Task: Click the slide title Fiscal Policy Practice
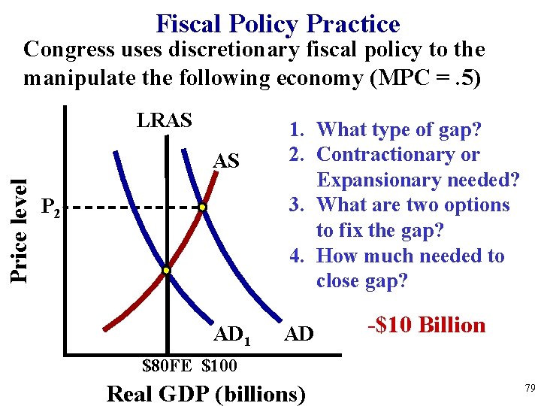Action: coord(277,24)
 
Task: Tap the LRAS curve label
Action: coord(165,120)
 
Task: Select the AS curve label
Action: coord(226,161)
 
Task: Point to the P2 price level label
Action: coord(51,208)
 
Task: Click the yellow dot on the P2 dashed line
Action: coord(202,207)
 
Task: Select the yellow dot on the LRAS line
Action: coord(167,270)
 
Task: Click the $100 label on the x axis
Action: coord(219,366)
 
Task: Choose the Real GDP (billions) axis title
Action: coord(207,393)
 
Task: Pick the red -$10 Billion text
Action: coord(426,325)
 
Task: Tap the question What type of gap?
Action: coord(399,129)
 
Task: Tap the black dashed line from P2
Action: coord(135,207)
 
